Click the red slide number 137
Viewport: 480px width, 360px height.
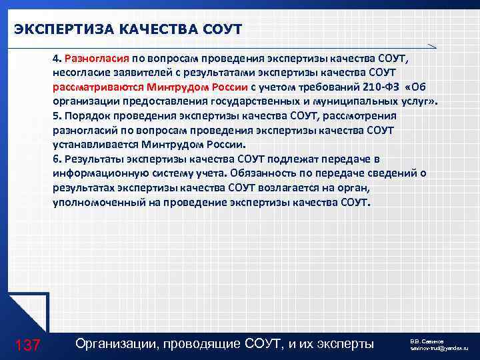[27, 345]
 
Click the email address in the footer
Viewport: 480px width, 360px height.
[439, 349]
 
